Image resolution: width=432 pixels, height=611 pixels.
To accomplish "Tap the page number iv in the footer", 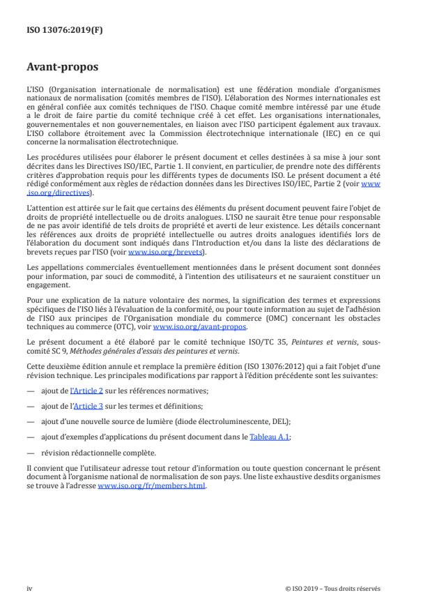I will coord(29,588).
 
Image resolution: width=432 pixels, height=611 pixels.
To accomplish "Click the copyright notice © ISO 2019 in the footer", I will coord(333,588).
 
